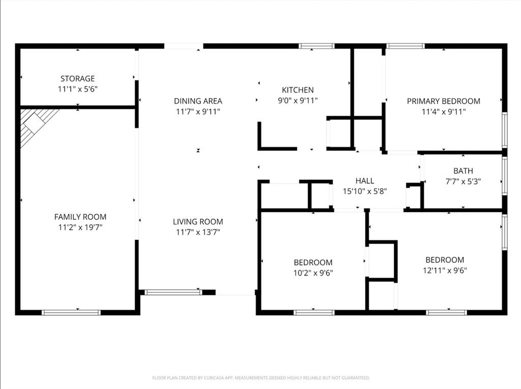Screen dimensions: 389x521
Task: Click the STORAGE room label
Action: (x=77, y=78)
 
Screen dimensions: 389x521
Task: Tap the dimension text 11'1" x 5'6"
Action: (x=77, y=89)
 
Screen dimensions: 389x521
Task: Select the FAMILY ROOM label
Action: (x=80, y=217)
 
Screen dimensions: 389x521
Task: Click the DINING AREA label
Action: (x=198, y=101)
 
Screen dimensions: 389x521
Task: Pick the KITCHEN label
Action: (x=298, y=90)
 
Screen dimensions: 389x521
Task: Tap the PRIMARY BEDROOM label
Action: (x=443, y=101)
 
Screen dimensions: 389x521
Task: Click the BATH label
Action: (x=463, y=171)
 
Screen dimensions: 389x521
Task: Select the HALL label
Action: (x=365, y=181)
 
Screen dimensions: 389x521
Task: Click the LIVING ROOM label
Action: (x=198, y=221)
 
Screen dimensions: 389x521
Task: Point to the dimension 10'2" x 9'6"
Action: (x=313, y=273)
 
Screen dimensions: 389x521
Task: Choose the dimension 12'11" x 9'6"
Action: (x=445, y=271)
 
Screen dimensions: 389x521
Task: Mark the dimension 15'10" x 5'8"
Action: (x=365, y=191)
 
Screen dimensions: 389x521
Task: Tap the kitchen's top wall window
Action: (x=316, y=46)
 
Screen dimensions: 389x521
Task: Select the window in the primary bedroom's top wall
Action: (x=405, y=46)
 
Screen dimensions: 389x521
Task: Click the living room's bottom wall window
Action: (x=173, y=292)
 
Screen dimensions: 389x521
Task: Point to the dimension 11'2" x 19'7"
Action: (x=80, y=227)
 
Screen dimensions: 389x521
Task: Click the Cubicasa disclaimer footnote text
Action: (x=260, y=378)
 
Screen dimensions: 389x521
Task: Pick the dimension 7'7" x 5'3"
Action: (x=463, y=181)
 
